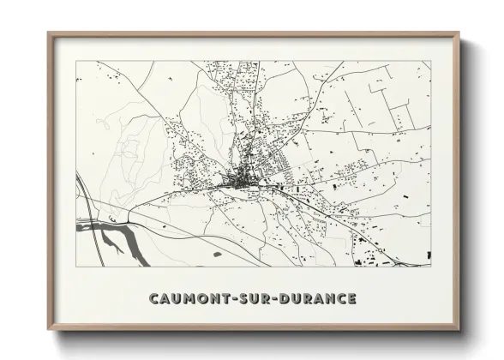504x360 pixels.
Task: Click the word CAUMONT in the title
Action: [x=184, y=299]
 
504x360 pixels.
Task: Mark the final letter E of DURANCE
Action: [x=351, y=299]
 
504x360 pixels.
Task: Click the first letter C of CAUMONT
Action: [x=153, y=299]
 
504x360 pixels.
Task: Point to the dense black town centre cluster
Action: [x=233, y=181]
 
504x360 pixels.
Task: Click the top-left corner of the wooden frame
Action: [x=49, y=33]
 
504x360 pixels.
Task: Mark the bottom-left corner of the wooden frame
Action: [x=49, y=329]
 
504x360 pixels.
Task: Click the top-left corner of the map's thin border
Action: [x=76, y=61]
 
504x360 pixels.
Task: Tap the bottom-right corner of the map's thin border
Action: [x=431, y=267]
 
